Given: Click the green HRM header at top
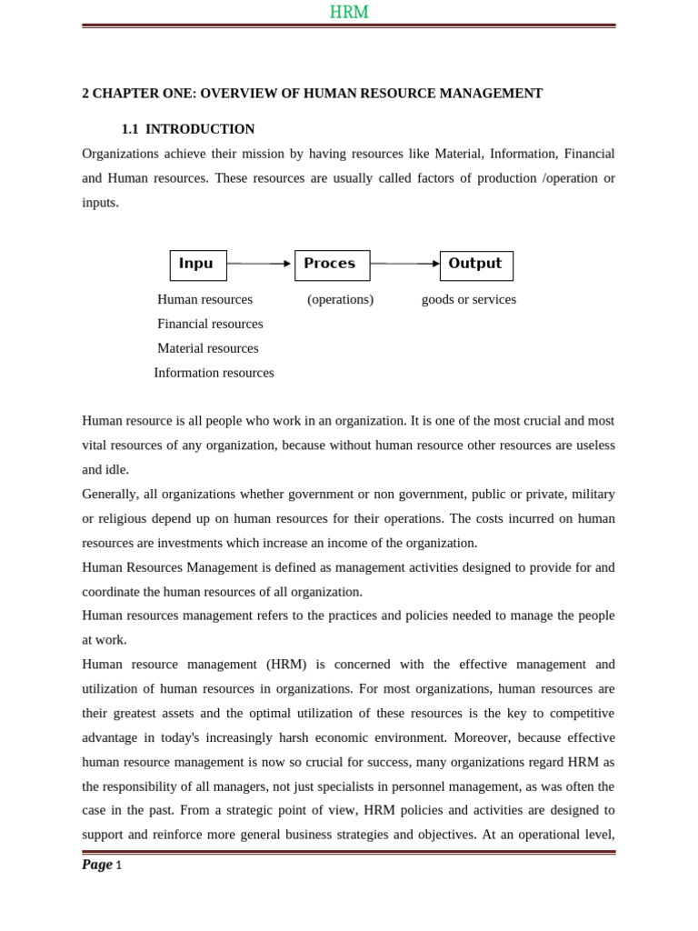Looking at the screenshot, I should point(348,12).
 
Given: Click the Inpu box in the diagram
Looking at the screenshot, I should point(197,265).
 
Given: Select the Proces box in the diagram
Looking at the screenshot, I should point(332,265).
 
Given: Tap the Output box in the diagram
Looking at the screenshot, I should point(475,265).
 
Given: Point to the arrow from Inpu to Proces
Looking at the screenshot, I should point(260,264).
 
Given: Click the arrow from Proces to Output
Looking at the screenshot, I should point(404,264).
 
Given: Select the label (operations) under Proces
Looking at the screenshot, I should point(340,299).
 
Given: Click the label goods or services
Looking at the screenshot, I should point(468,299).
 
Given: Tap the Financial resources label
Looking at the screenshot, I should point(210,324).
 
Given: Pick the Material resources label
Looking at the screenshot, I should point(207,348).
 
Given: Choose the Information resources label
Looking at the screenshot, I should point(214,373).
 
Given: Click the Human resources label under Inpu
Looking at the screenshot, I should point(204,299).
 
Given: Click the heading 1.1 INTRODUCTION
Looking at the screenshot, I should point(188,129).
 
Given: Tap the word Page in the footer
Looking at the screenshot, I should point(97,865).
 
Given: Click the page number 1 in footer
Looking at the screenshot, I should point(118,866).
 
